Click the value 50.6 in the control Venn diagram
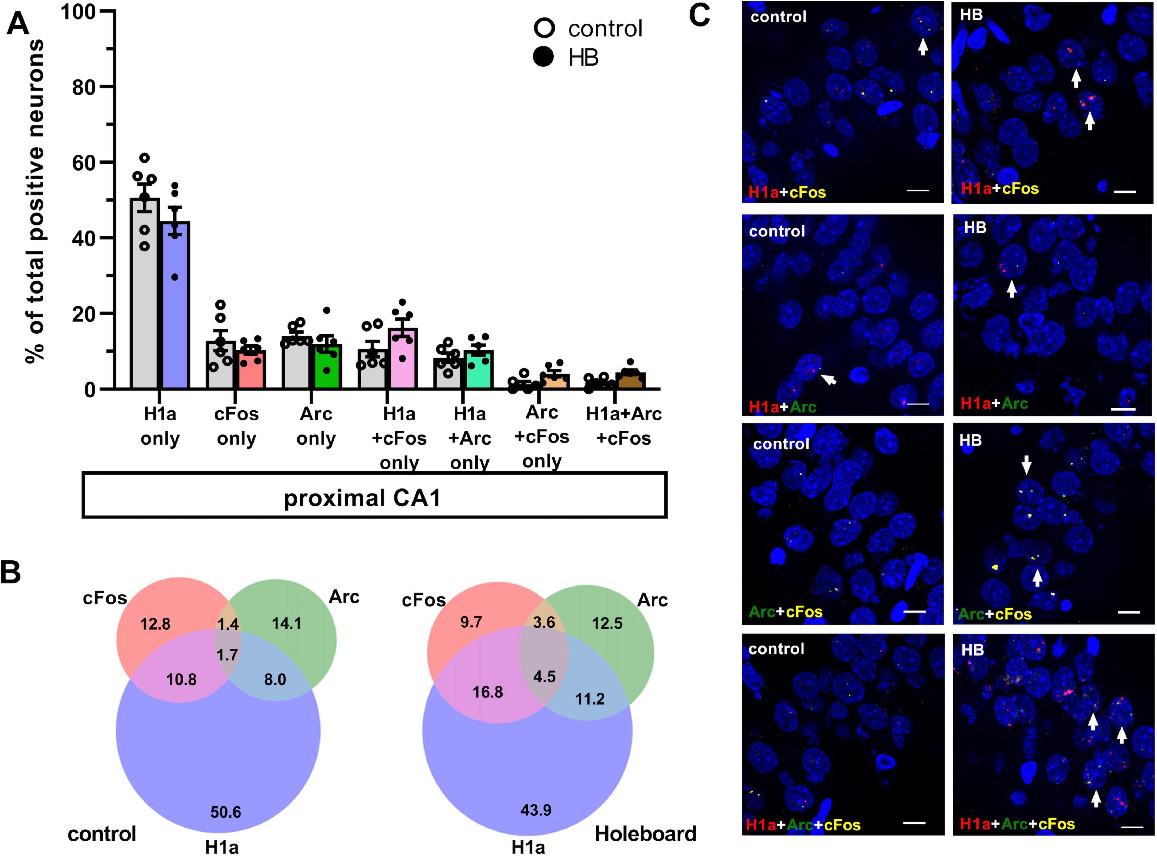(x=226, y=812)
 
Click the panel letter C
(x=699, y=16)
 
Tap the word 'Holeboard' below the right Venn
(x=645, y=834)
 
